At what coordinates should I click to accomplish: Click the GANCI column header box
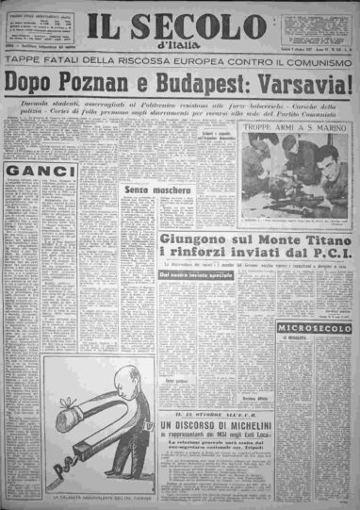[x=41, y=172]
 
